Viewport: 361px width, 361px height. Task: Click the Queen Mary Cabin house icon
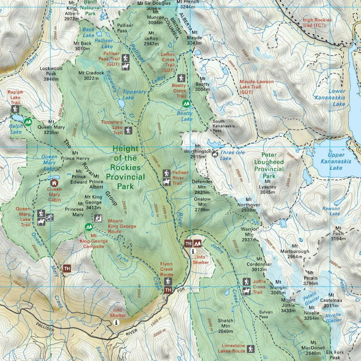[x=55, y=183]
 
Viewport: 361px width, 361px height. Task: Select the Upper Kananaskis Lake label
[x=336, y=161]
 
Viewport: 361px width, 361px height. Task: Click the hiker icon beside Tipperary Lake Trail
[x=128, y=130]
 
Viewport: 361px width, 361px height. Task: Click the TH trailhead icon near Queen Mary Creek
[x=67, y=268]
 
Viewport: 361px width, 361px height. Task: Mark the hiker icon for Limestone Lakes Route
[x=251, y=349]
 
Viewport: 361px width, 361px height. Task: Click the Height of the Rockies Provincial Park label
[x=125, y=168]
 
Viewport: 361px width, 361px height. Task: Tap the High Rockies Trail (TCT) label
[x=319, y=23]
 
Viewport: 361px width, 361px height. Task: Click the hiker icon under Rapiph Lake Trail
[x=15, y=109]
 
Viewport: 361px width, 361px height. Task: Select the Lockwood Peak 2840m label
[x=51, y=74]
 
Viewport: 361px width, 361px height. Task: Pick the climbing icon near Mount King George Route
[x=98, y=218]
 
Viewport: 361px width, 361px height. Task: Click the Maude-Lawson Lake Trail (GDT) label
[x=257, y=87]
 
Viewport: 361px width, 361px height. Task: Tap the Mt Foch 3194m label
[x=338, y=233]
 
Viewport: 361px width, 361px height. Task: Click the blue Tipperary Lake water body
[x=121, y=105]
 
